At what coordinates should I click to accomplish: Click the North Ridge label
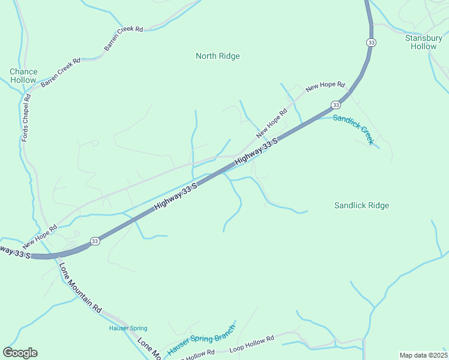pyautogui.click(x=217, y=56)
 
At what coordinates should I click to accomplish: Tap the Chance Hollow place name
pyautogui.click(x=23, y=76)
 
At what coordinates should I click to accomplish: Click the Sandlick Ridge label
pyautogui.click(x=361, y=206)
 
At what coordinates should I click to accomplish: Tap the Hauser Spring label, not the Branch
pyautogui.click(x=127, y=328)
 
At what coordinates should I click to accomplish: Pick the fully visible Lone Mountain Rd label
pyautogui.click(x=80, y=288)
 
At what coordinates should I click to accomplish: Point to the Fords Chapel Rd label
pyautogui.click(x=26, y=118)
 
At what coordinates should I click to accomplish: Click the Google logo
pyautogui.click(x=20, y=353)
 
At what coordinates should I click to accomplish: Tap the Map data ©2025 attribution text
pyautogui.click(x=423, y=355)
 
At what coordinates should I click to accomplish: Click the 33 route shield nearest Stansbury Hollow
pyautogui.click(x=372, y=43)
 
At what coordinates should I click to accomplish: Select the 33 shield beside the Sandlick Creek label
pyautogui.click(x=334, y=105)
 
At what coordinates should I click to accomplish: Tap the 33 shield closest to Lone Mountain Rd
pyautogui.click(x=95, y=241)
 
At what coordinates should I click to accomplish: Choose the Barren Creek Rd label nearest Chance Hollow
pyautogui.click(x=61, y=73)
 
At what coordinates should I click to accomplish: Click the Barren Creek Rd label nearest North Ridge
pyautogui.click(x=124, y=38)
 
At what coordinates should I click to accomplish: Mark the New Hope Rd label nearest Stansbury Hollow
pyautogui.click(x=325, y=87)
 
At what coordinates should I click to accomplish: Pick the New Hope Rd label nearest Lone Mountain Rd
pyautogui.click(x=40, y=236)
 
